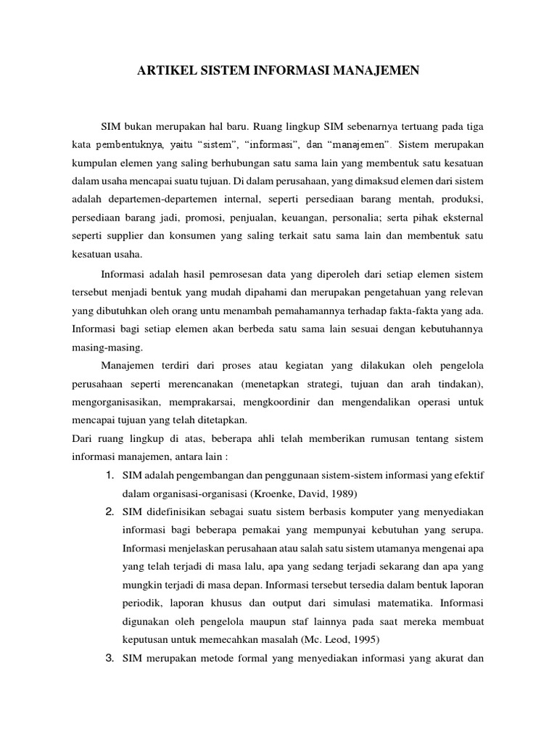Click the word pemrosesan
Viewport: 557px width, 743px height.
(244, 275)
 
